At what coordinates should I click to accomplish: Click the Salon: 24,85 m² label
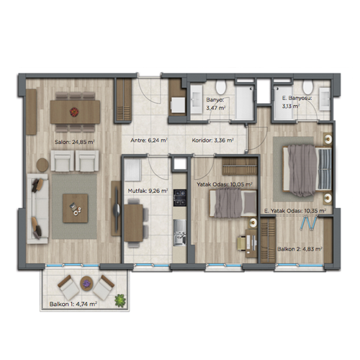(x=75, y=142)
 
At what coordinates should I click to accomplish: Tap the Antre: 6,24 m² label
(x=149, y=140)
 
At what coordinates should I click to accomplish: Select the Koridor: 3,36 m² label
(x=212, y=140)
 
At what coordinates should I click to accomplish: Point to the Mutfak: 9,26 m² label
(x=148, y=191)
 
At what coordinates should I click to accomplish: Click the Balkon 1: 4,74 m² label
(x=73, y=304)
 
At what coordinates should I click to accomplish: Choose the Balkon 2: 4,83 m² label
(x=300, y=249)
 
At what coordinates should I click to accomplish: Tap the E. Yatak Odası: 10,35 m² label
(x=295, y=211)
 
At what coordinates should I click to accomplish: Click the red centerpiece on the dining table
(x=74, y=112)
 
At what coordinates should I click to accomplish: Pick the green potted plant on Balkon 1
(x=120, y=300)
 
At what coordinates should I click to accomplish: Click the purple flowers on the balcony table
(x=86, y=284)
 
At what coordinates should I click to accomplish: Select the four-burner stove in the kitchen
(x=180, y=198)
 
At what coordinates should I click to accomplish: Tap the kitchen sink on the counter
(x=180, y=233)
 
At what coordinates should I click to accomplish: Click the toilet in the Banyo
(x=220, y=87)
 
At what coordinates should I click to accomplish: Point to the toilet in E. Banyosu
(x=307, y=87)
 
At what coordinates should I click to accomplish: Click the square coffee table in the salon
(x=76, y=208)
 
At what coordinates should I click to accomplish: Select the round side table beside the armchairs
(x=42, y=165)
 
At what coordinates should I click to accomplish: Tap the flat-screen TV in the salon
(x=117, y=209)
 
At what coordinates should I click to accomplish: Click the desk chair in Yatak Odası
(x=241, y=243)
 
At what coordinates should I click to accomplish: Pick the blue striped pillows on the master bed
(x=325, y=168)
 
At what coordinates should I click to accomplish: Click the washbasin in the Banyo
(x=197, y=99)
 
